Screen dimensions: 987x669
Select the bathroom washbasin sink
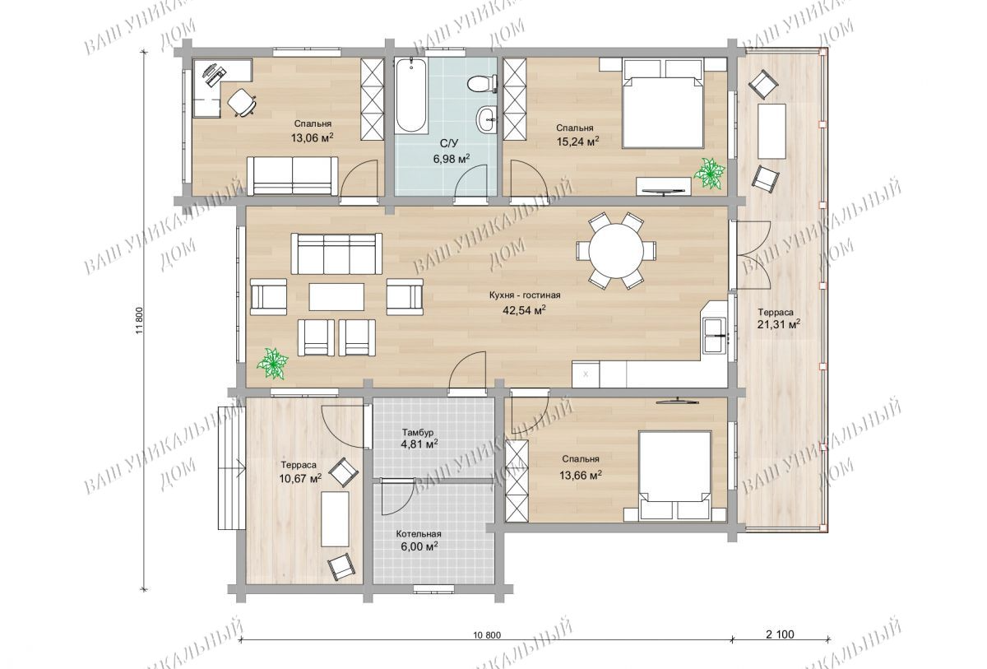click(x=487, y=118)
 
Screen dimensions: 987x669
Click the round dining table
click(x=616, y=251)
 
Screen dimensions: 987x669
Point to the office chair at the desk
click(x=242, y=102)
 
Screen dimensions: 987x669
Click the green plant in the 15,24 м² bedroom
click(x=709, y=174)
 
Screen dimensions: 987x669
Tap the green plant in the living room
click(x=273, y=363)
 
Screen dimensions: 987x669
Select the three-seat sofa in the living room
click(x=336, y=253)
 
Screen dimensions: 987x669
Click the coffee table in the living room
click(x=336, y=297)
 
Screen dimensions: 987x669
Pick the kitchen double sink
click(x=715, y=336)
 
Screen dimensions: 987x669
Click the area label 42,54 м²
click(x=525, y=310)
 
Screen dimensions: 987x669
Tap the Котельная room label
click(x=418, y=534)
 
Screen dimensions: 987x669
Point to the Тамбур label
click(x=418, y=432)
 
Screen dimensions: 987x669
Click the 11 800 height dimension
click(x=140, y=320)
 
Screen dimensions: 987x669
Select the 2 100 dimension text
click(x=781, y=634)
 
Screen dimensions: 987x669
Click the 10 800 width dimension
click(x=487, y=635)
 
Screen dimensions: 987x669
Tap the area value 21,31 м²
click(x=779, y=324)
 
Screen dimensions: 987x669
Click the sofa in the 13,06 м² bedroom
click(x=293, y=176)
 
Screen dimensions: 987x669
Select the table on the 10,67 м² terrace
click(x=335, y=519)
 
